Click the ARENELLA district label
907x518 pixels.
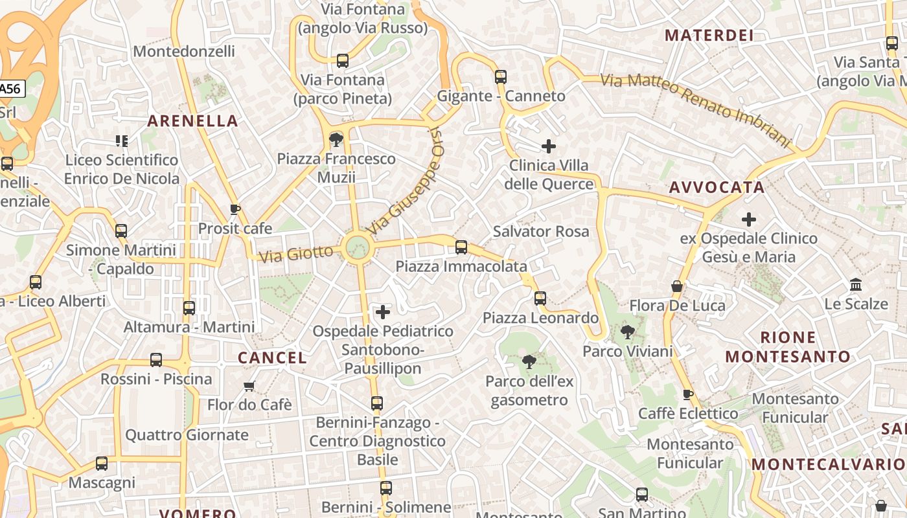pos(192,121)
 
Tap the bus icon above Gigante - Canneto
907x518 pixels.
pos(500,77)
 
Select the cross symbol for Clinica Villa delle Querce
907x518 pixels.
pos(548,146)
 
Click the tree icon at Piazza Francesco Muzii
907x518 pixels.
pos(336,139)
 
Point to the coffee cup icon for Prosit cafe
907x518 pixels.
pos(235,209)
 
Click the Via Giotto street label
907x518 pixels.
pos(296,253)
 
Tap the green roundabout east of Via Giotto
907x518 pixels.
pos(357,247)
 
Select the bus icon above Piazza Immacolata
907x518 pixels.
pos(461,247)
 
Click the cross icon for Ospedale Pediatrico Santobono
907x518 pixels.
pos(383,312)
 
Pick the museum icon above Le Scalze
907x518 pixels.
pos(856,285)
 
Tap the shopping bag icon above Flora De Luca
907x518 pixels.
pos(677,286)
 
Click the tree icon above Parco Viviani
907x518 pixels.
pos(627,333)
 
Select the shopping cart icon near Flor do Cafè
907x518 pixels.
pos(249,387)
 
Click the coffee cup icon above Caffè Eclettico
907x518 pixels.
pos(687,394)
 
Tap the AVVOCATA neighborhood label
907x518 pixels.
pos(717,188)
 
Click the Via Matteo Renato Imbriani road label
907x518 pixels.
pos(696,109)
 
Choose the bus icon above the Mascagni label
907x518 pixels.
pos(102,464)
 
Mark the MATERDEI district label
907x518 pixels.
pos(709,36)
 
